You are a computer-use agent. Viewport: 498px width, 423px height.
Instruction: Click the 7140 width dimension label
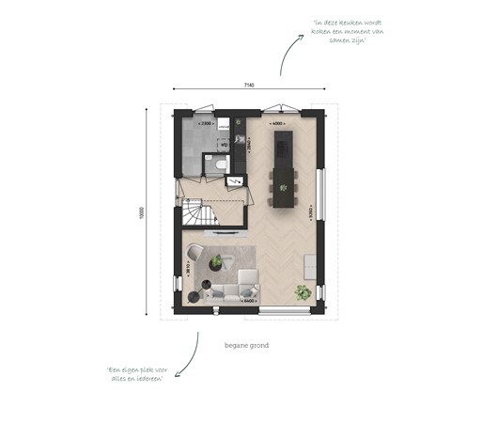tap(247, 86)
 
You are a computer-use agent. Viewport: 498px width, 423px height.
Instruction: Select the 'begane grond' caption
tap(247, 346)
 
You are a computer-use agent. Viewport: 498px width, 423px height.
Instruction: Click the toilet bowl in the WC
tap(220, 164)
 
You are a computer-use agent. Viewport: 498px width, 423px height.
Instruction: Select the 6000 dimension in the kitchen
tap(277, 123)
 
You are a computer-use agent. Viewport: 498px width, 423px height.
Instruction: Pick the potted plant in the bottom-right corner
tap(302, 292)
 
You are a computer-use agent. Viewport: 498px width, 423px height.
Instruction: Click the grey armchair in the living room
tap(196, 253)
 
